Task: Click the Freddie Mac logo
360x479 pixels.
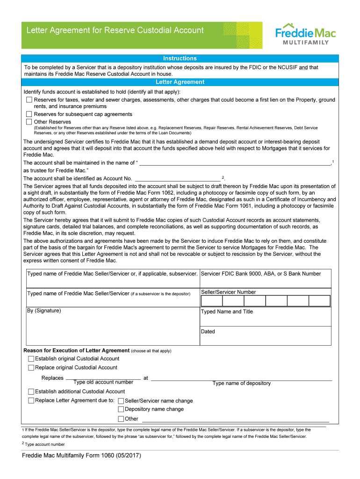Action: click(305, 34)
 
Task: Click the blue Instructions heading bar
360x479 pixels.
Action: click(180, 58)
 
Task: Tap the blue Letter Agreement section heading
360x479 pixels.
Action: click(180, 82)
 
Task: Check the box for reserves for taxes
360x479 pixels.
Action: click(29, 100)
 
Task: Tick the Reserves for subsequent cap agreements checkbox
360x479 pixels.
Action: click(29, 114)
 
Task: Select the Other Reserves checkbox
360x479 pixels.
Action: click(29, 122)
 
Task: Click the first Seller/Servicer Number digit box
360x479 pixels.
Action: click(211, 301)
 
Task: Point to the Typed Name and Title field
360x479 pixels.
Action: click(265, 319)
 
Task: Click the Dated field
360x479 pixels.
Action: click(265, 338)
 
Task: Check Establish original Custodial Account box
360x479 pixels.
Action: click(31, 359)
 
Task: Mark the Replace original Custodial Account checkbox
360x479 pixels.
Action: click(31, 368)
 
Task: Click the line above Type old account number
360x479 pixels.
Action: click(103, 378)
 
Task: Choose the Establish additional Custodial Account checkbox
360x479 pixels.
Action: click(31, 392)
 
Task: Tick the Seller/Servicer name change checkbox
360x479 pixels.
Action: click(121, 401)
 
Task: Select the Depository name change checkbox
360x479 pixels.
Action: click(121, 409)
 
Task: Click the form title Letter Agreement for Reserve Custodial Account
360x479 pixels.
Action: click(115, 30)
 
